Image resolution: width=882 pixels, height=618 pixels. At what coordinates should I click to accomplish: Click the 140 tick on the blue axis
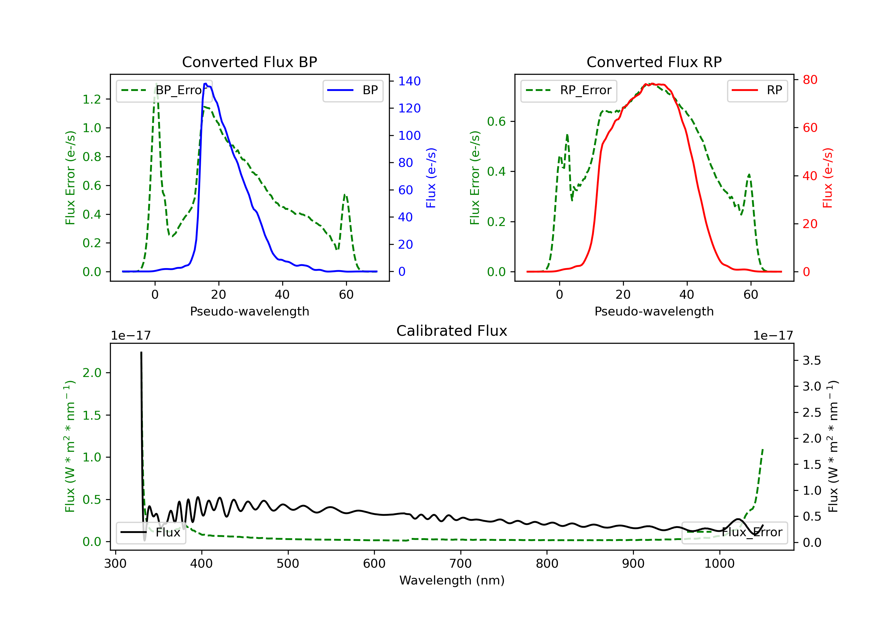pyautogui.click(x=409, y=81)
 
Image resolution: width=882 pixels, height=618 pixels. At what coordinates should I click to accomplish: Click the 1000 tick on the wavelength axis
pyautogui.click(x=719, y=564)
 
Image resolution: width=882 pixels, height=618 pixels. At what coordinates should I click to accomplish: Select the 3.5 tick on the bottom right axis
pyautogui.click(x=811, y=361)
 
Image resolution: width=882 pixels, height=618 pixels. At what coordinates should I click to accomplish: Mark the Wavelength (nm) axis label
pyautogui.click(x=452, y=580)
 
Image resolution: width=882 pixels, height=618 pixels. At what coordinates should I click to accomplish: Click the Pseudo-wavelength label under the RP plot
pyautogui.click(x=654, y=311)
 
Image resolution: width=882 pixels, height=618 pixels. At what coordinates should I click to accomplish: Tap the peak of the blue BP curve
pyautogui.click(x=206, y=84)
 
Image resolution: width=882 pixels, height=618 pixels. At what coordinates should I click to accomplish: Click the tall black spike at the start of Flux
pyautogui.click(x=141, y=353)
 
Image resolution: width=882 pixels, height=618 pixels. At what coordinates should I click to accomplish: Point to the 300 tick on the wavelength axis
pyautogui.click(x=115, y=564)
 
